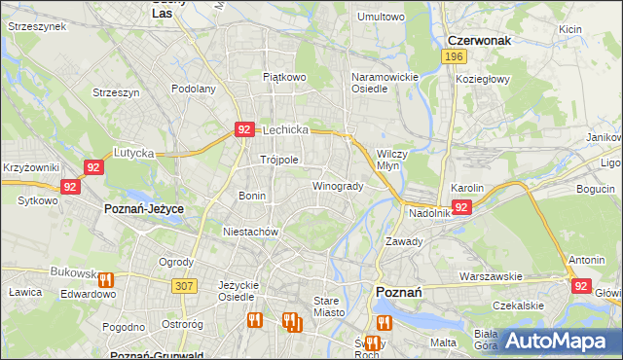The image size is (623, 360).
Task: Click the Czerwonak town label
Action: [479, 40]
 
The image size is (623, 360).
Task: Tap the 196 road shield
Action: [452, 57]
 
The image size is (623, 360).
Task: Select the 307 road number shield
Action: [183, 285]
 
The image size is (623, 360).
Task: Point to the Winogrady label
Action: [338, 186]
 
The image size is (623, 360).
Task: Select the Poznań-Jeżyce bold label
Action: [143, 209]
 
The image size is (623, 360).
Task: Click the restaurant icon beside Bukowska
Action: [106, 280]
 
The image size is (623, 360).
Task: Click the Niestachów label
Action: [251, 233]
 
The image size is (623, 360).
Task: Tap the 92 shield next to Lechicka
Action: [244, 128]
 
